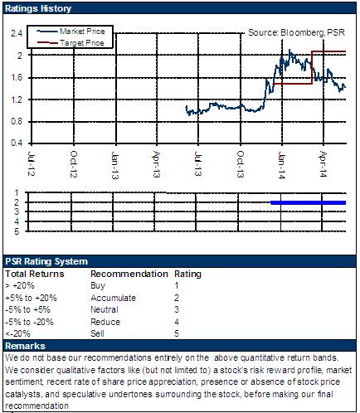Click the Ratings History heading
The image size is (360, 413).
(x=38, y=8)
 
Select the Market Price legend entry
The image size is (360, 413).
(x=71, y=32)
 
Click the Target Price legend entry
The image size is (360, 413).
(x=71, y=43)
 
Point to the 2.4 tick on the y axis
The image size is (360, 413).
(x=17, y=33)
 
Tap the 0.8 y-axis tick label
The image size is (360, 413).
(x=17, y=121)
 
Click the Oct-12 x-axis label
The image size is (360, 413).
(x=74, y=164)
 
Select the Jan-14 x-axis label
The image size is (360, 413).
(x=282, y=165)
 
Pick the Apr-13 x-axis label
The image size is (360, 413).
(x=157, y=164)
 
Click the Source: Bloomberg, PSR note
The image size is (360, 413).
(x=297, y=32)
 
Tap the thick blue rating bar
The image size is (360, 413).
(x=308, y=202)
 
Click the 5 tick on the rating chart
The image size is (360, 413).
(x=17, y=231)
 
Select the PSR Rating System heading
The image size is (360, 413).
(x=46, y=261)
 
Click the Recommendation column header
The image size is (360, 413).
(x=129, y=274)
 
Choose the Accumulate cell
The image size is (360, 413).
(x=113, y=298)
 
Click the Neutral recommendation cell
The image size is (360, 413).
(x=105, y=309)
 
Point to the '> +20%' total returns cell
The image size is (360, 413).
(x=20, y=285)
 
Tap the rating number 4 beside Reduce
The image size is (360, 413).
(x=177, y=322)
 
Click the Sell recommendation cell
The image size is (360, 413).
(x=97, y=333)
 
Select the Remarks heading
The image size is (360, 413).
(x=25, y=346)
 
